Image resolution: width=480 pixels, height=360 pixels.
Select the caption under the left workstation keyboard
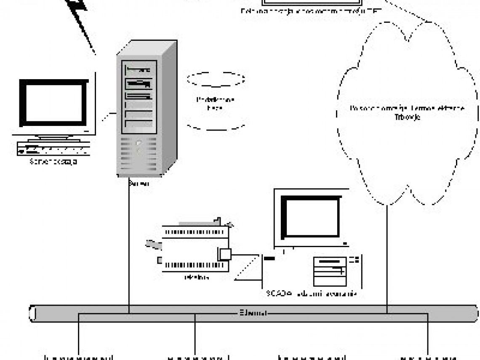53,161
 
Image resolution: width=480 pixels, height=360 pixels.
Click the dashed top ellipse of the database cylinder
216,78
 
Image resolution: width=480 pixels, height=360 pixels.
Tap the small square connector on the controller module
224,254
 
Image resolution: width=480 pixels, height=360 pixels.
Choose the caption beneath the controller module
197,277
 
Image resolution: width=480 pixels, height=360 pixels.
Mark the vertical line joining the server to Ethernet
128,248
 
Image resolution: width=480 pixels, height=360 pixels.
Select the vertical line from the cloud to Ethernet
387,257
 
